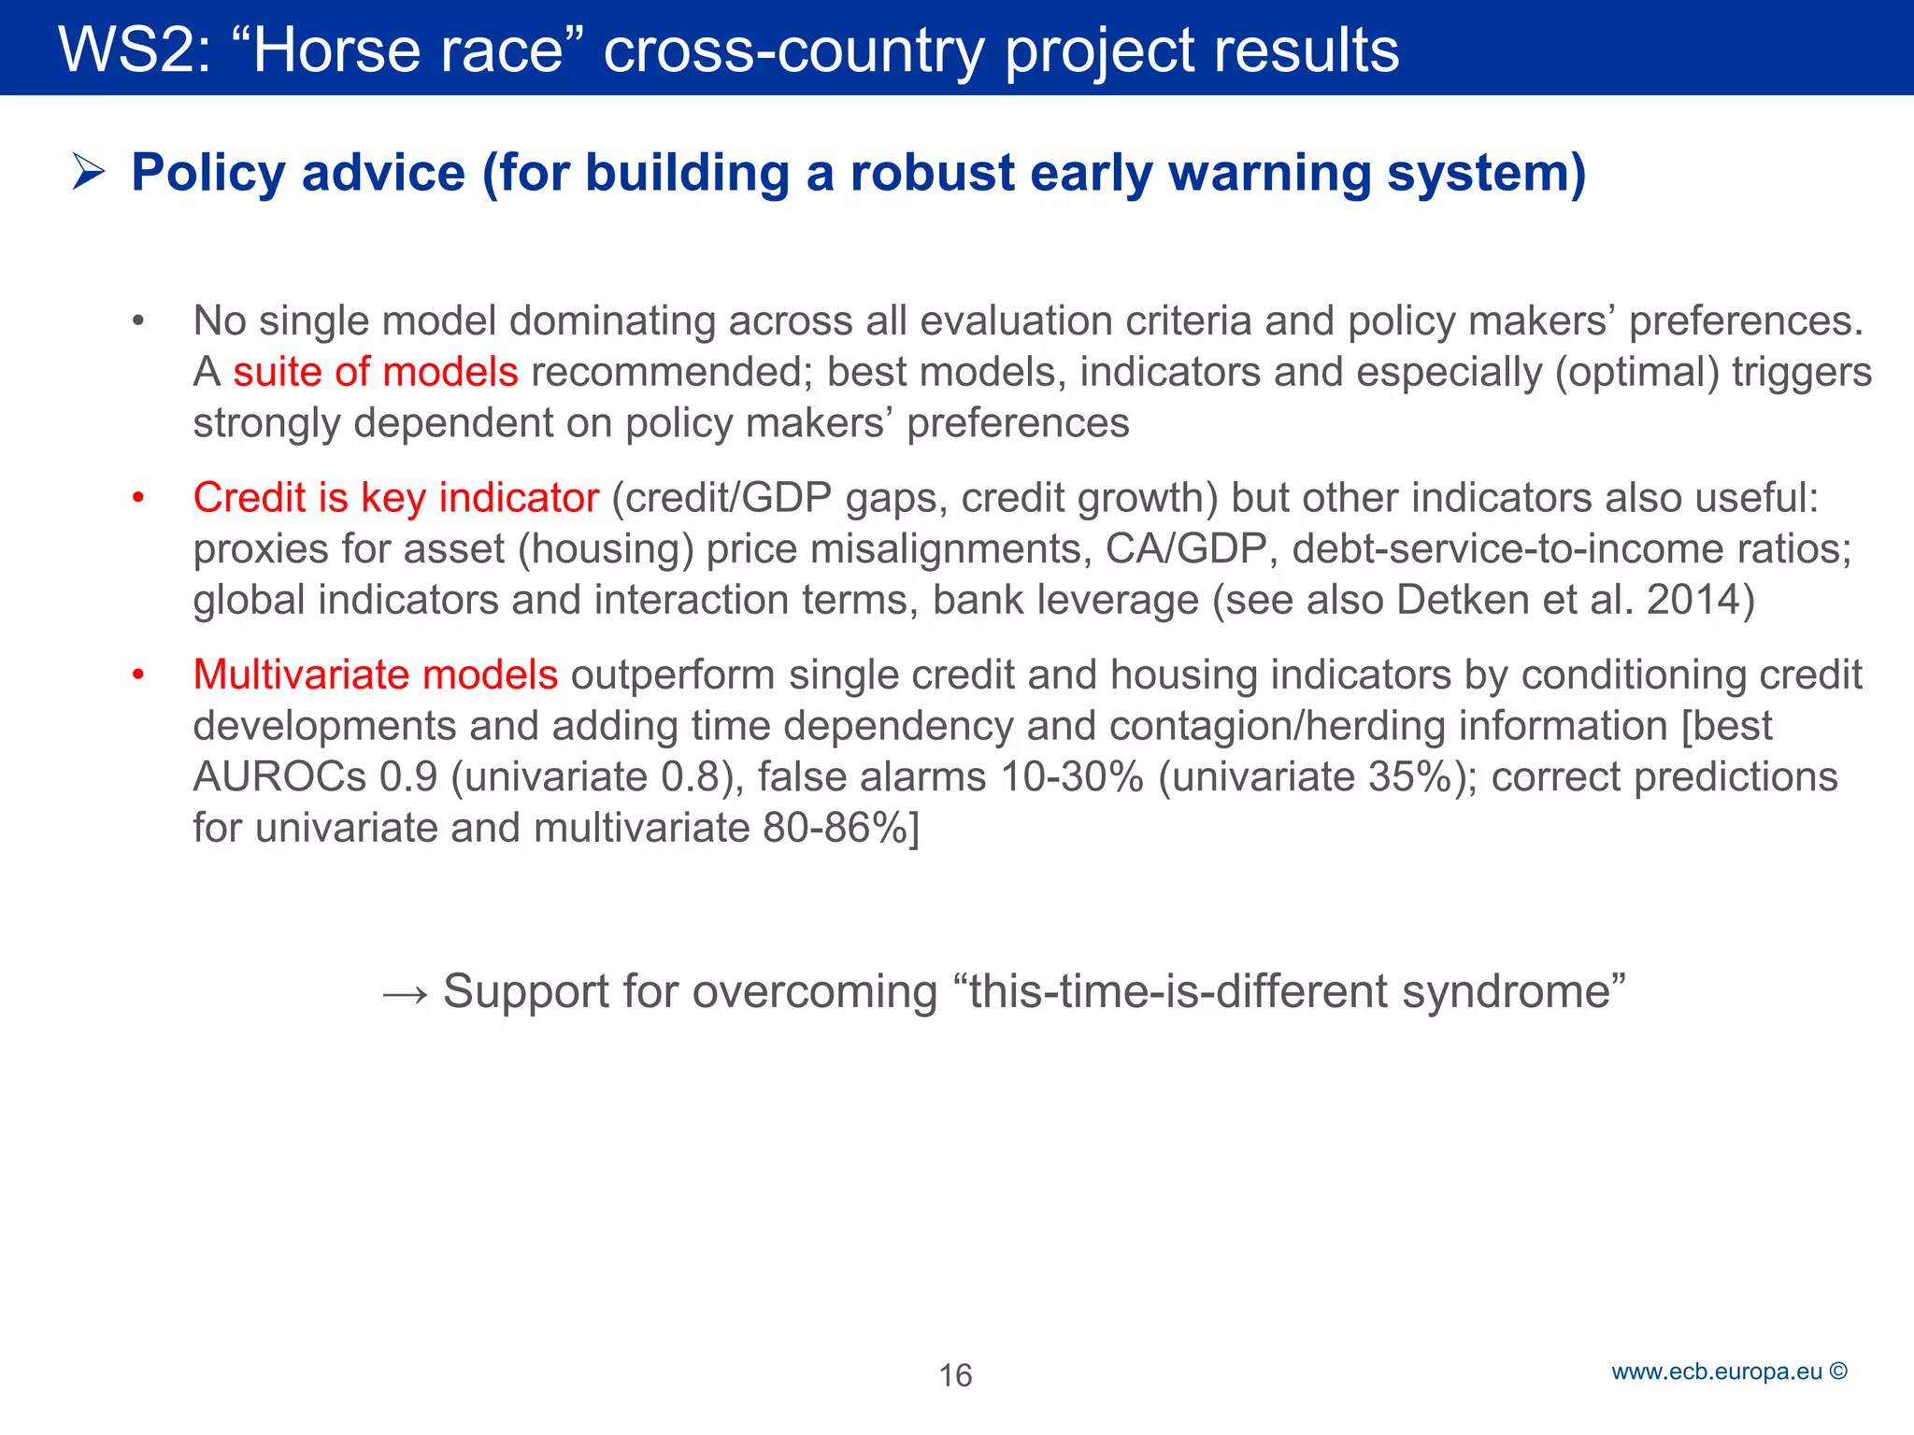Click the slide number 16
(955, 1375)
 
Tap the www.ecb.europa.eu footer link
(1717, 1371)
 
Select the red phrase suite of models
(375, 372)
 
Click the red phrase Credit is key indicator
(395, 498)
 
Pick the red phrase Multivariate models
(375, 675)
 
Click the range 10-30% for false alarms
(1071, 777)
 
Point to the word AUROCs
(279, 777)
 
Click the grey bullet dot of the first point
(137, 321)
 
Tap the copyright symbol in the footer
(1838, 1371)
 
